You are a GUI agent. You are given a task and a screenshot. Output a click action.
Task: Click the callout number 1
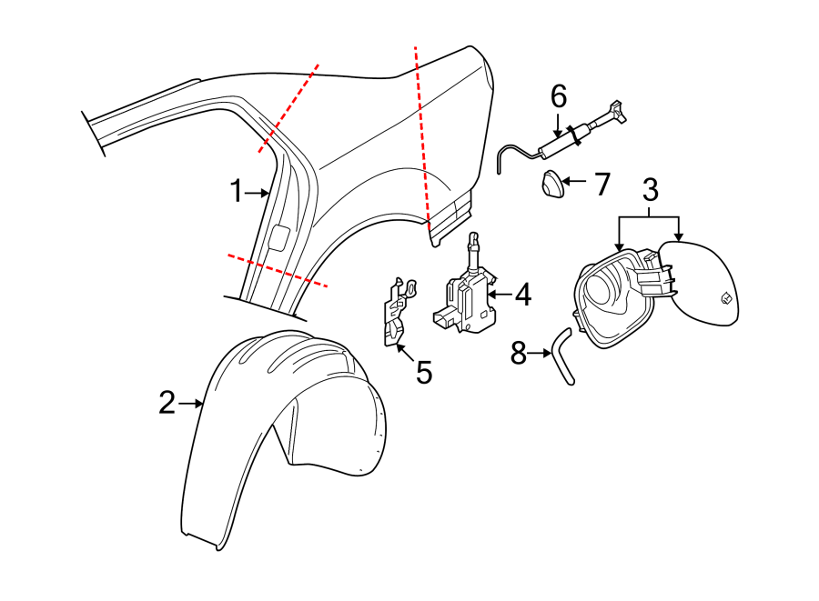coord(236,192)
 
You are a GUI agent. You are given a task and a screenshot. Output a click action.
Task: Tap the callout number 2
coord(167,403)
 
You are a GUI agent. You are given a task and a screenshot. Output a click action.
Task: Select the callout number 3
coord(650,190)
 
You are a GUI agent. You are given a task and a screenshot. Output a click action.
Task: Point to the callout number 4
coord(521,294)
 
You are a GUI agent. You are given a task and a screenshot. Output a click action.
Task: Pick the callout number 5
coord(424,372)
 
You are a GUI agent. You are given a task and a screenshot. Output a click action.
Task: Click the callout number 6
coord(559,95)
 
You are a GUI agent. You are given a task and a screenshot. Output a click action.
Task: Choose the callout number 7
coord(602,185)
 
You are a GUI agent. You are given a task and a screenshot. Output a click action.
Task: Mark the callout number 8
coord(518,353)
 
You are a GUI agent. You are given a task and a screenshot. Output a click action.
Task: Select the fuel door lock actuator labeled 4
coord(469,295)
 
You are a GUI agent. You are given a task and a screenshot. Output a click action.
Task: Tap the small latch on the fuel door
coord(726,297)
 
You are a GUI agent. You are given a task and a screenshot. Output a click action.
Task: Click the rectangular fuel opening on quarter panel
coord(279,238)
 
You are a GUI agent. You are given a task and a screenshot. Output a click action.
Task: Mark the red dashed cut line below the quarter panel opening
coord(278,270)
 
